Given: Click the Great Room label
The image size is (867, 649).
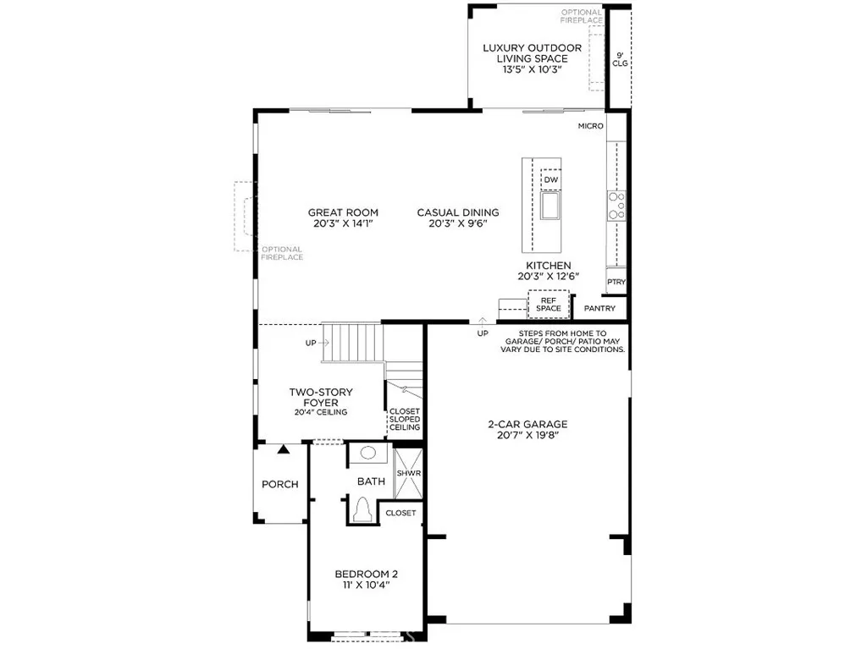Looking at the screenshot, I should (x=343, y=212).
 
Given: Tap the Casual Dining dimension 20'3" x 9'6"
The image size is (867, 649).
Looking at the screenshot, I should (x=457, y=224).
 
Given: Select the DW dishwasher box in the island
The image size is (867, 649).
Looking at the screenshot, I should (x=551, y=180).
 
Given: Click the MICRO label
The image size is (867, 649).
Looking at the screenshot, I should (x=591, y=126).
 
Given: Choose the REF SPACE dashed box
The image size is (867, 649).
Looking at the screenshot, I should (x=548, y=303).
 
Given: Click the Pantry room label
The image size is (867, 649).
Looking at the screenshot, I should (x=599, y=309).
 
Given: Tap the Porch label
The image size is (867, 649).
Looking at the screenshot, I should (x=279, y=484).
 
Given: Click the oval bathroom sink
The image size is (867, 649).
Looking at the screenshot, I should (x=367, y=453).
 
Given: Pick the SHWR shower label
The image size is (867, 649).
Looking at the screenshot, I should (x=408, y=473).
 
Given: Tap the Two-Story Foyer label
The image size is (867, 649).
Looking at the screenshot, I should (x=321, y=398).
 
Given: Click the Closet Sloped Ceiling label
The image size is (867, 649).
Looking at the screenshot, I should (x=404, y=420).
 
